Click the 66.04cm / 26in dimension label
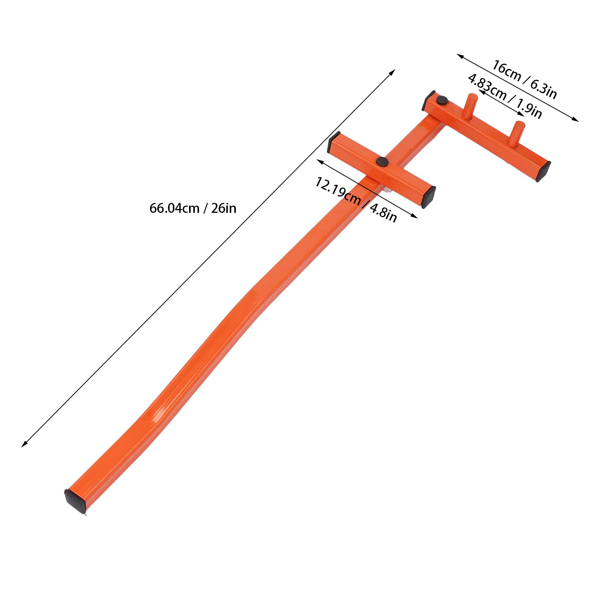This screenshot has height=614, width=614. [193, 208]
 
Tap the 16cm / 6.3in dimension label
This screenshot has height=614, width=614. [524, 80]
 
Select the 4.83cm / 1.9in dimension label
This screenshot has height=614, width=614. [505, 96]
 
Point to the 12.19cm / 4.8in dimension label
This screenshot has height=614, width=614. [356, 199]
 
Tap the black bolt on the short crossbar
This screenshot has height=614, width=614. [382, 161]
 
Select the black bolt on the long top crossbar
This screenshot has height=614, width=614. [442, 100]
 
